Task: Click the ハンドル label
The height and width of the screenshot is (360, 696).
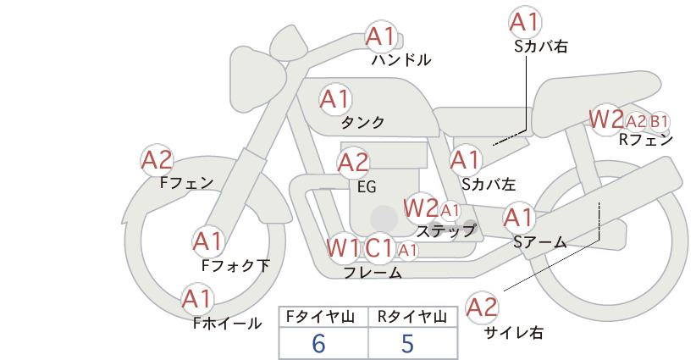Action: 401,59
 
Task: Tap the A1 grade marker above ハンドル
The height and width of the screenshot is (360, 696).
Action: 381,36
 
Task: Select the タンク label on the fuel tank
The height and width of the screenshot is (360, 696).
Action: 362,123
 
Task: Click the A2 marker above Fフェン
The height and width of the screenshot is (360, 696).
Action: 157,160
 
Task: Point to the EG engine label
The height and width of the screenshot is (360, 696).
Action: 367,187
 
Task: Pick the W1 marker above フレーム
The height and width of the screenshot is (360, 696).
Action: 343,247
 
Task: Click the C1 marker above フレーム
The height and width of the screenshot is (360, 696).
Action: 379,247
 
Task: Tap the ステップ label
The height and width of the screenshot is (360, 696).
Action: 446,230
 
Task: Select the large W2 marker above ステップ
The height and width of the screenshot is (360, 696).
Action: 421,208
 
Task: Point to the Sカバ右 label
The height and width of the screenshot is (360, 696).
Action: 542,47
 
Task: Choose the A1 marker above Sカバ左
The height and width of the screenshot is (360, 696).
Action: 466,160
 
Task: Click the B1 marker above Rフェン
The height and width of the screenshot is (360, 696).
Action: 660,121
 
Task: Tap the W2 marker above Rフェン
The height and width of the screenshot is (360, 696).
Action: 607,119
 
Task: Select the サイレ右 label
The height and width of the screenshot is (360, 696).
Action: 514,333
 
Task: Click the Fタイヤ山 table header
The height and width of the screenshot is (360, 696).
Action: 320,317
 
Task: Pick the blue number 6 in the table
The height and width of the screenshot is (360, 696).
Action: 318,343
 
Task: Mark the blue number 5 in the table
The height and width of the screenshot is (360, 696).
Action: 407,343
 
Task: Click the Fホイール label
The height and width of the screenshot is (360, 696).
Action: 228,324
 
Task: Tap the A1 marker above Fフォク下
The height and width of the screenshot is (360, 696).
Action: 208,242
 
